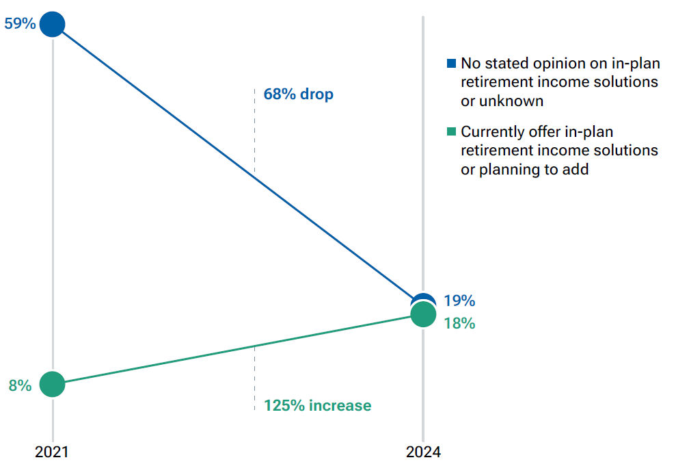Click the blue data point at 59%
point(53,25)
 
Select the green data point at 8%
point(53,384)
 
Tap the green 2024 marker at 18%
point(423,315)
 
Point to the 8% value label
point(20,385)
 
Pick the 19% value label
point(459,301)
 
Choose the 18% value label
point(459,323)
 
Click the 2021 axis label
point(53,452)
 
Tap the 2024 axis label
point(423,452)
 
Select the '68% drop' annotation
point(299,94)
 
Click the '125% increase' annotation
point(318,405)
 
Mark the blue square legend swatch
point(451,64)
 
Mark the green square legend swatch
point(451,131)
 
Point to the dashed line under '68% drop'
point(254,130)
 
